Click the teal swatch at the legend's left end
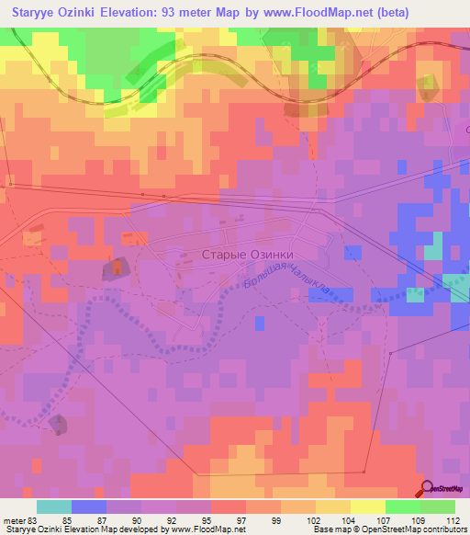pyautogui.click(x=54, y=507)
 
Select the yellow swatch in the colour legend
pyautogui.click(x=368, y=507)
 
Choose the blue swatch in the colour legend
pyautogui.click(x=89, y=507)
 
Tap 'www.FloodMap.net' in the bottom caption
pyautogui.click(x=200, y=529)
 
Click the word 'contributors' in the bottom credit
pyautogui.click(x=444, y=529)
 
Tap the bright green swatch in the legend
pyautogui.click(x=403, y=507)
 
